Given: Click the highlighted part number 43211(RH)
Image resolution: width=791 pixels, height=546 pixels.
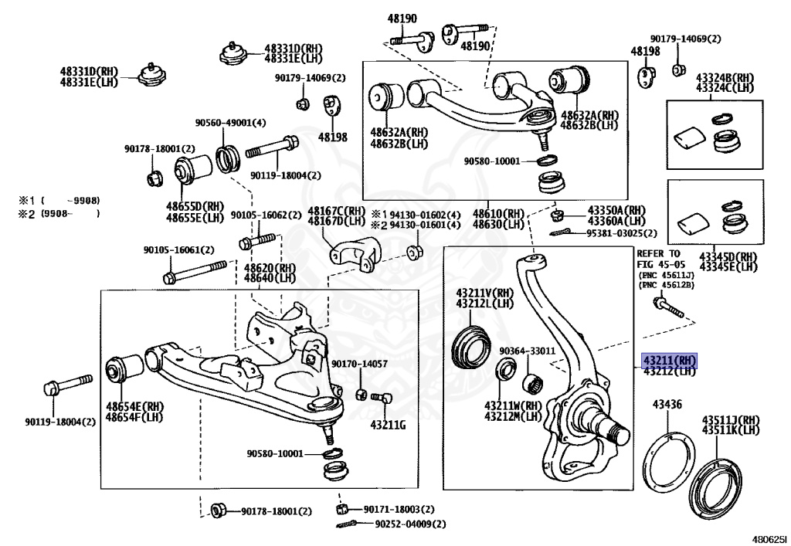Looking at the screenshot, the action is tap(668, 361).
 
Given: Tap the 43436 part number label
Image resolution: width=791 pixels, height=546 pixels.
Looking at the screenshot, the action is tap(667, 405).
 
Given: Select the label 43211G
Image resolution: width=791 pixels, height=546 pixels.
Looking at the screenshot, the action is tap(388, 425).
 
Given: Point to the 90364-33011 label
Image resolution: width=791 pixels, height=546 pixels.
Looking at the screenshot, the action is tap(527, 351).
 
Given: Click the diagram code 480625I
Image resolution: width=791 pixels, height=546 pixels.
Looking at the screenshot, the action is tap(769, 539).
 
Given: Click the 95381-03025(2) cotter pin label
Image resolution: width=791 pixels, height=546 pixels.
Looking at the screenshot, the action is tap(622, 233).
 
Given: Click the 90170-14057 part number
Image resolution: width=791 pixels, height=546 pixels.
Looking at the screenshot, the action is tap(360, 364).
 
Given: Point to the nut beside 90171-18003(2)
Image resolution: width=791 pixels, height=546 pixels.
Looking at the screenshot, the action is tap(341, 509).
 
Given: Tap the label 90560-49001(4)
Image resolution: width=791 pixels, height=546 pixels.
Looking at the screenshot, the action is tap(230, 123).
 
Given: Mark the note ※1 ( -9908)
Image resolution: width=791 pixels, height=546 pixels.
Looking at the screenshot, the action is tap(59, 201).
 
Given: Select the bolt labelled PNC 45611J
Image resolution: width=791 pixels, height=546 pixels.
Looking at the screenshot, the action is tap(668, 307).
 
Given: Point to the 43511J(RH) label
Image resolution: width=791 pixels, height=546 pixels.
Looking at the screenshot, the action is tap(731, 420).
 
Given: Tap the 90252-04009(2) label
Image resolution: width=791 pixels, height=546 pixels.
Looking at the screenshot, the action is tap(411, 524).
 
